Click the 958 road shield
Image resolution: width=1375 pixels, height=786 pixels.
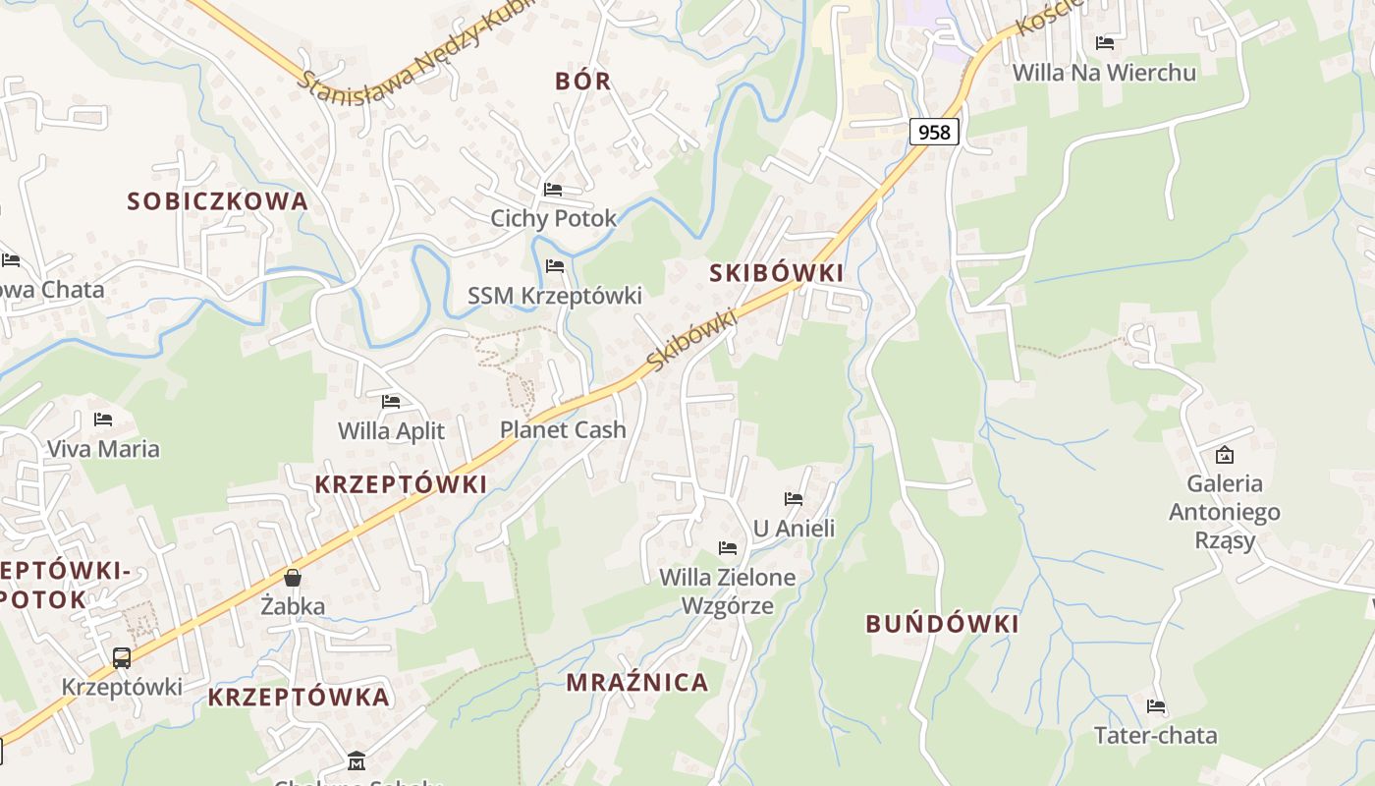point(933,131)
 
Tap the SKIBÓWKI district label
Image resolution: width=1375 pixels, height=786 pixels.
point(776,273)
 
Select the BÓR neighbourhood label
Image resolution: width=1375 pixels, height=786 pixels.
point(583,81)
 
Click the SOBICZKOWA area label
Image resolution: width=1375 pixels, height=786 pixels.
point(217,201)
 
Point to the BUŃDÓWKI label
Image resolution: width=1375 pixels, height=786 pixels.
point(942,624)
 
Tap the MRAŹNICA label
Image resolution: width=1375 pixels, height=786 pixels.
point(636,683)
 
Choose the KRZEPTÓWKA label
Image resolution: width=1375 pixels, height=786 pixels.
point(299,698)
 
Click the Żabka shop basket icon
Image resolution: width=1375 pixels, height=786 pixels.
point(292,578)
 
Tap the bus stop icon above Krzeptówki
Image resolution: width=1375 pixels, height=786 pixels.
point(122,657)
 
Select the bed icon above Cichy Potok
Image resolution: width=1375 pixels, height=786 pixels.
point(553,189)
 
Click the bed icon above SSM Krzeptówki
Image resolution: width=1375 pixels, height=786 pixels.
point(555,265)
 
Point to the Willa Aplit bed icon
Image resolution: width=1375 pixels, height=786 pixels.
point(391,401)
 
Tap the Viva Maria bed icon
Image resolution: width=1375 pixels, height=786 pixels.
point(103,420)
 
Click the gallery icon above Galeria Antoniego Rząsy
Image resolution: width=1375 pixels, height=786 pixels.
point(1224,455)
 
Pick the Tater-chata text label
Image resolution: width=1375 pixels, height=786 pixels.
point(1155,735)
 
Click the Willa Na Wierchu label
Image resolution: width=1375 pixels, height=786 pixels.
point(1104,73)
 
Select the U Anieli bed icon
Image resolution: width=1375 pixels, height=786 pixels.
point(794,499)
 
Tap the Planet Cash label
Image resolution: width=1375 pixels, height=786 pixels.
point(563,429)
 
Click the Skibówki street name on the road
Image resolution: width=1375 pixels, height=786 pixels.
point(691,342)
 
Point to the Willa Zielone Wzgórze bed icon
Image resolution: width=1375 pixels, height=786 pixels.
point(728,547)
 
